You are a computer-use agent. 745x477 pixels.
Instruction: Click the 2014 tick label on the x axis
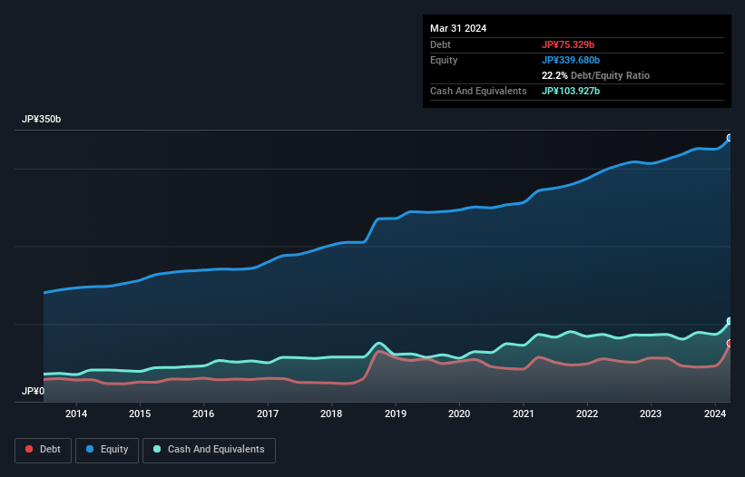pos(76,414)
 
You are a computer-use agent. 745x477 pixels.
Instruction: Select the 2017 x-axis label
pos(268,414)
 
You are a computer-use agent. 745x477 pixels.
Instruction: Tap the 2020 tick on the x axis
pos(459,414)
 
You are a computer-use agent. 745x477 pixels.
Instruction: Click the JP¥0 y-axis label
pos(33,392)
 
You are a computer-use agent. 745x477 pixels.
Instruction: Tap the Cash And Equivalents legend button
pos(209,449)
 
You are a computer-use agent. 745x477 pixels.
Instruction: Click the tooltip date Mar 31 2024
pos(458,28)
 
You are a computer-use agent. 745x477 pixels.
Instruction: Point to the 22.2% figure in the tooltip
pos(554,75)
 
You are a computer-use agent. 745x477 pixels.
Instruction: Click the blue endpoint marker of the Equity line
pos(730,138)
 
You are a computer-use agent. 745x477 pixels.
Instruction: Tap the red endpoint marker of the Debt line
pos(730,344)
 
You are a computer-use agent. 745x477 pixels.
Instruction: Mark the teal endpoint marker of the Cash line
pos(730,322)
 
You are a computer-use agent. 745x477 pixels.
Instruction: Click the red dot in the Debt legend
pos(29,449)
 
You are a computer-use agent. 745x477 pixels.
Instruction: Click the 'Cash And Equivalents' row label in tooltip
pos(478,91)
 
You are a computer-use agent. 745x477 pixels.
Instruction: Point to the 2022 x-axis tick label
pos(587,414)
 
